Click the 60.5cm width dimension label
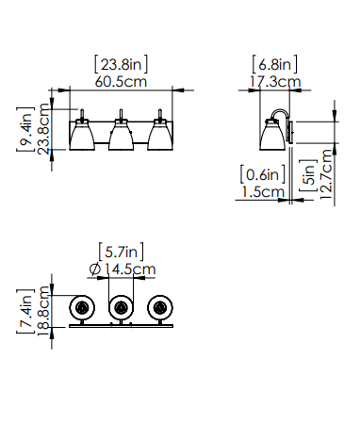tap(121, 82)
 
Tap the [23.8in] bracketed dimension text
tap(121, 64)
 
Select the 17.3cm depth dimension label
tap(275, 82)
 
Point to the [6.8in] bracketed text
tap(274, 64)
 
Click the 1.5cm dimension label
tap(263, 191)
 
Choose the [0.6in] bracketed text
tap(263, 174)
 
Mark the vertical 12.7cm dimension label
tap(326, 174)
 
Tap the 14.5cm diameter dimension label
tap(130, 269)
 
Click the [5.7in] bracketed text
tap(122, 252)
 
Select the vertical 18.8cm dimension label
tap(43, 311)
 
